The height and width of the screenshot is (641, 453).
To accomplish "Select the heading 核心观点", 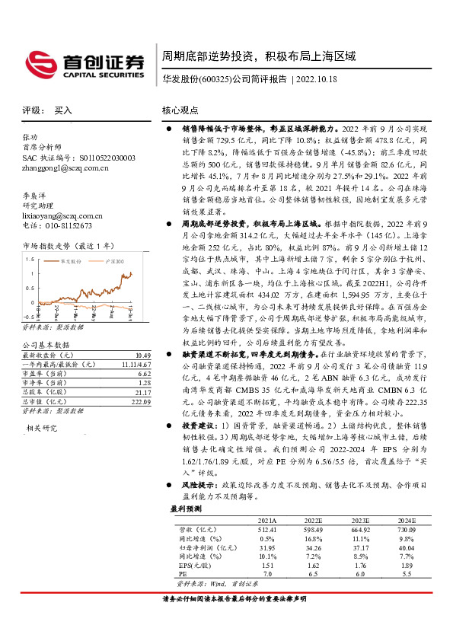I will point(180,110).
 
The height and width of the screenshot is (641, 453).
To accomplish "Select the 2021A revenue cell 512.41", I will point(266,528).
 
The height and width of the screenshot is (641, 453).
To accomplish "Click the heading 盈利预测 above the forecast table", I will point(186,508).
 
